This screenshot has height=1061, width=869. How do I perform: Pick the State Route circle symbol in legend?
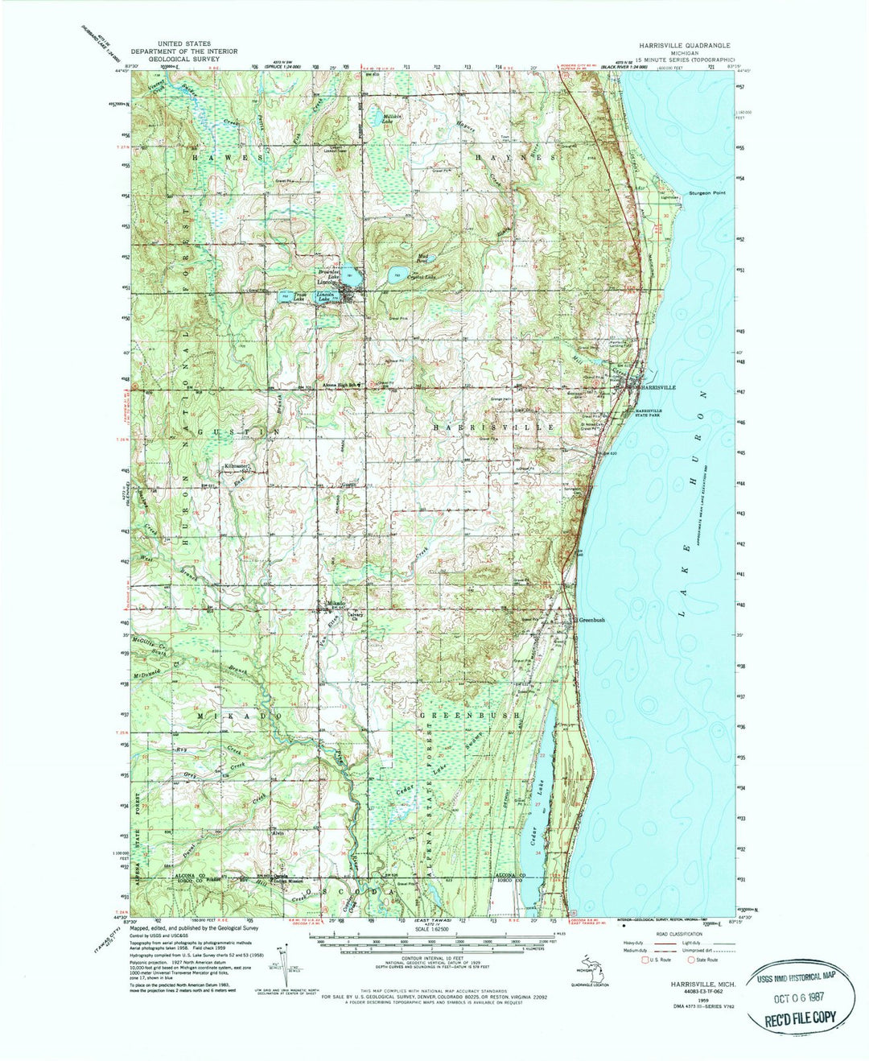point(690,960)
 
